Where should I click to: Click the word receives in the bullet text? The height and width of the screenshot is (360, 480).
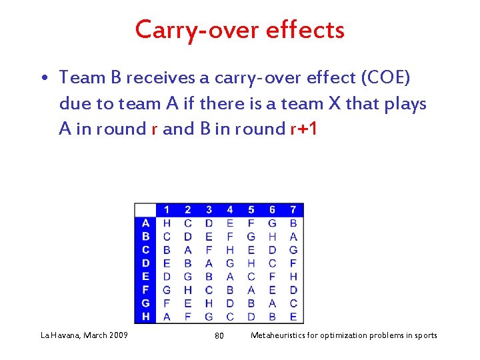[162, 78]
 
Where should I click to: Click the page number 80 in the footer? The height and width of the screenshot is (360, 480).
[219, 335]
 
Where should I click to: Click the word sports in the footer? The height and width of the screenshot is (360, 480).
[423, 335]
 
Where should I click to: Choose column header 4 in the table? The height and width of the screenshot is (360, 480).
[230, 210]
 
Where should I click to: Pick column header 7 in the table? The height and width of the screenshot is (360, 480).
[293, 210]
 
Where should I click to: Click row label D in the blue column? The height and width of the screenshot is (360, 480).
[145, 263]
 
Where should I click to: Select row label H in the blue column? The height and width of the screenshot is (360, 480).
[145, 317]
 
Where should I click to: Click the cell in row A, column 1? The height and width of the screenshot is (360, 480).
[167, 223]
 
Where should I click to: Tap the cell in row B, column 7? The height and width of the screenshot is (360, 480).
[293, 237]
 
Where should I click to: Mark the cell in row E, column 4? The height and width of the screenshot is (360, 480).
[230, 277]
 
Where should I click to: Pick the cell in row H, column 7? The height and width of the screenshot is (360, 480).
[293, 317]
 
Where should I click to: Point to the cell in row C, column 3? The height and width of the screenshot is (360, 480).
[209, 250]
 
